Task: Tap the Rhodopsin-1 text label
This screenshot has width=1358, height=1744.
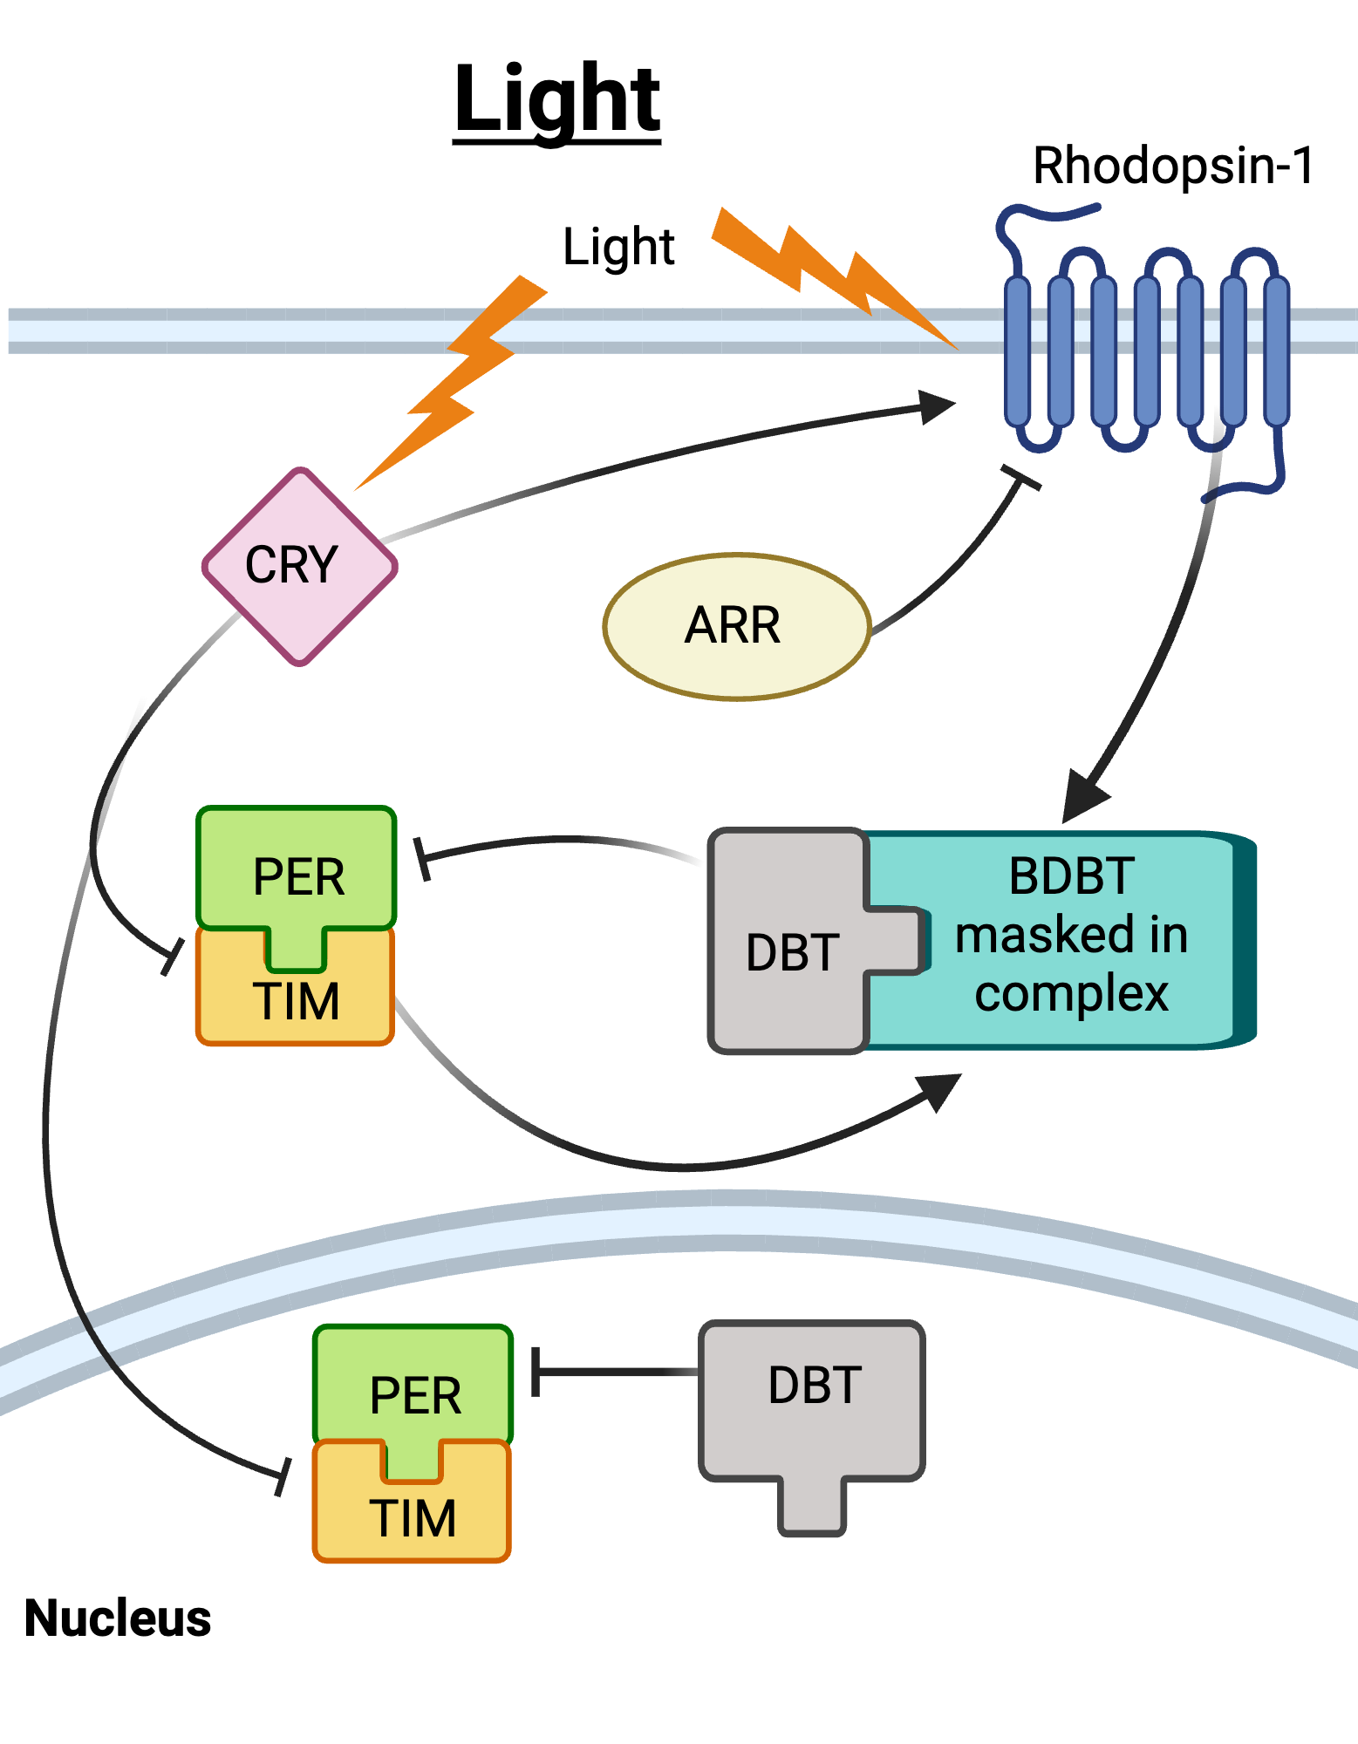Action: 1172,166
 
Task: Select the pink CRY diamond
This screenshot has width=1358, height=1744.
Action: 299,567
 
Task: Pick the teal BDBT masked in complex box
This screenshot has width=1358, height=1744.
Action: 1073,937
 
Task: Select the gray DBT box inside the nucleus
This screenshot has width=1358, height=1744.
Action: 812,1404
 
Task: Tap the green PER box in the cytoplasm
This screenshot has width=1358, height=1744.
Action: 297,868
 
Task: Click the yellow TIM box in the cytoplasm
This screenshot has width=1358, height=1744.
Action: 295,1003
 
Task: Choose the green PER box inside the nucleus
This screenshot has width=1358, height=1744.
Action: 413,1386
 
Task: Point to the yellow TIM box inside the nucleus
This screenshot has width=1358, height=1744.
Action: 412,1517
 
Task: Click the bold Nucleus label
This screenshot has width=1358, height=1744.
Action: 118,1618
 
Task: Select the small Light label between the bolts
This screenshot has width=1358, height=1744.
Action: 618,247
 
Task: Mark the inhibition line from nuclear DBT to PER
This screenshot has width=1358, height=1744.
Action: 615,1372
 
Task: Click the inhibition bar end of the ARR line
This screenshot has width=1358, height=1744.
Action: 1020,478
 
